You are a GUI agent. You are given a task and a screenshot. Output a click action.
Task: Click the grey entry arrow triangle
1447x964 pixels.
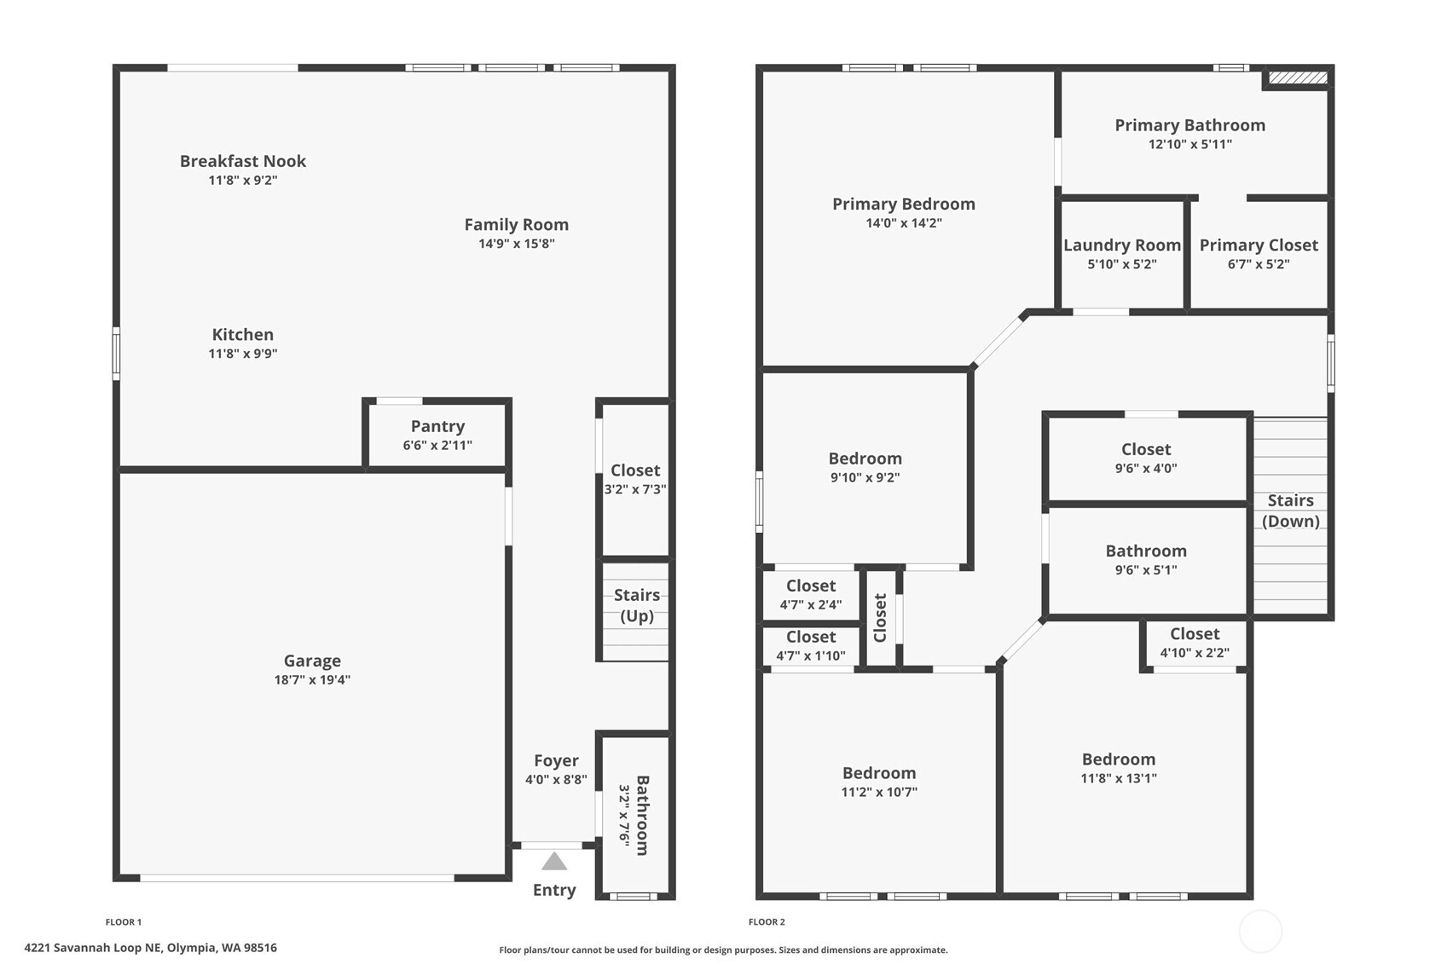coord(554,862)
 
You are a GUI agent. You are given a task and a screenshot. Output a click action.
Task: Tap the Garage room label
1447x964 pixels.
coord(312,661)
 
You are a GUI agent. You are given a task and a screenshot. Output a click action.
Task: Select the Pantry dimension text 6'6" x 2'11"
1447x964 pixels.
coord(437,445)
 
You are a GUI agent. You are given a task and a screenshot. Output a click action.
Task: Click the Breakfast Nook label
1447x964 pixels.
coord(243,161)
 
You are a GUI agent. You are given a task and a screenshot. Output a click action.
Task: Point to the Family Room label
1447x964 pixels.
coord(516,224)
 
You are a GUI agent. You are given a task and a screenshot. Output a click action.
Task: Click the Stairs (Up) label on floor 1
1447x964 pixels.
coord(637,605)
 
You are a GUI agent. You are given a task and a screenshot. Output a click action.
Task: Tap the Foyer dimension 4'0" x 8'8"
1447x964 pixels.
coord(556,779)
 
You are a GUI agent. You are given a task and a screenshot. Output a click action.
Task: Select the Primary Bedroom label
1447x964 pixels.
coord(903,204)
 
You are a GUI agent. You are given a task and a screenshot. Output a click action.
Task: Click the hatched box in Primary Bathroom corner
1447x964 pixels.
coord(1298,78)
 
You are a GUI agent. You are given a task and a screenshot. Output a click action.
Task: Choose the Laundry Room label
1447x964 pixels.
coord(1121,245)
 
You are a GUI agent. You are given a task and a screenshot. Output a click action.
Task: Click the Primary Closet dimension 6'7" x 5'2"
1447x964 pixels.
coord(1258,264)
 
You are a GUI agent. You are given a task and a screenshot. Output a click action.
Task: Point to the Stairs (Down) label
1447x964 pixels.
coord(1290,511)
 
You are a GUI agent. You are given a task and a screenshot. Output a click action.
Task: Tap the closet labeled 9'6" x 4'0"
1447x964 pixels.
coord(1145,458)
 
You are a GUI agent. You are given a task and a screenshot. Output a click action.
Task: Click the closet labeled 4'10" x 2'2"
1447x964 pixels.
coord(1194,643)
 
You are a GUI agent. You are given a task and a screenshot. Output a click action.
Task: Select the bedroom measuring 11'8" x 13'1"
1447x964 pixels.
coord(1118,767)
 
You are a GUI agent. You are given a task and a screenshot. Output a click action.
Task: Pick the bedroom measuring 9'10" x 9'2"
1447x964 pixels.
coord(865,467)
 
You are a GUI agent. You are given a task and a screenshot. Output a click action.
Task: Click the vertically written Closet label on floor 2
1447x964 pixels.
coord(881,617)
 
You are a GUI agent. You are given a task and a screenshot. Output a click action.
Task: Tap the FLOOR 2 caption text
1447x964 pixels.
coord(767,921)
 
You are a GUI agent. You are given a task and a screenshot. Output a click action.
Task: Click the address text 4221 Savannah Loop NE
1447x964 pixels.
coord(151,947)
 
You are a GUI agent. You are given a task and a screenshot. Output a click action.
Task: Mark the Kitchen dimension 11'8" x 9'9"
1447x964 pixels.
coord(243,354)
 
